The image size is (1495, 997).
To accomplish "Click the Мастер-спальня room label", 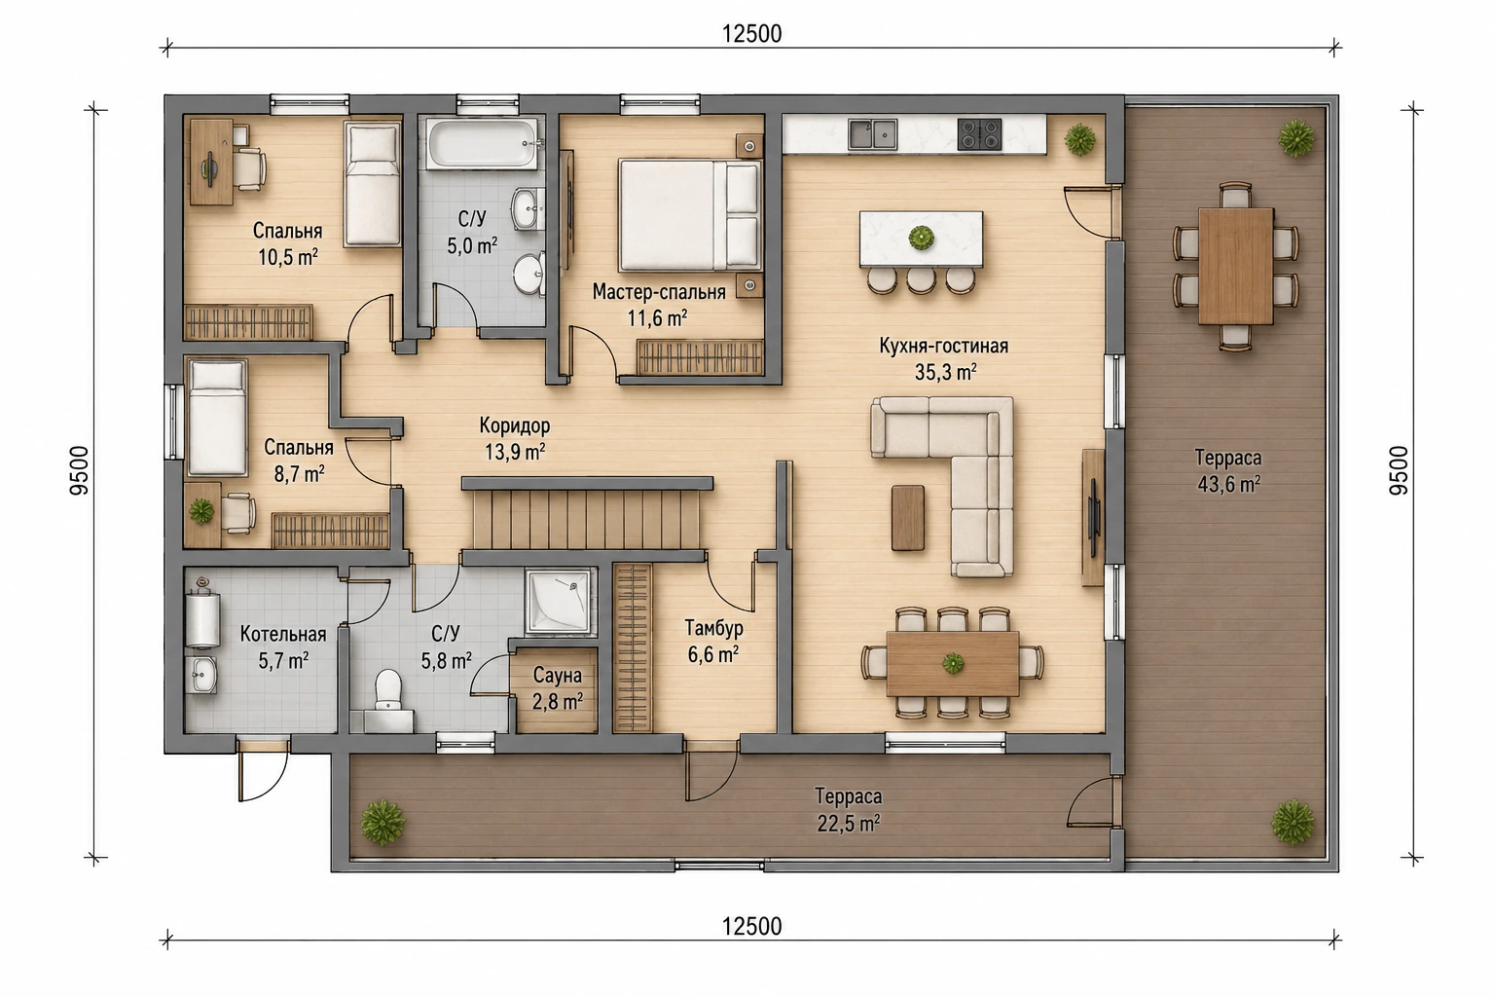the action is pos(659,292).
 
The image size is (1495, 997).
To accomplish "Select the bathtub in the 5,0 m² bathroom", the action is pos(483,142).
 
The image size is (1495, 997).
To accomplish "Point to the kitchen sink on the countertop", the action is pos(872,134).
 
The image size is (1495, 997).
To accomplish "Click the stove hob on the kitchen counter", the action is pos(979,134).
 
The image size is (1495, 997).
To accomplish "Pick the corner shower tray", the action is pos(560,600).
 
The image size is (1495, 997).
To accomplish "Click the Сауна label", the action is pos(558,676).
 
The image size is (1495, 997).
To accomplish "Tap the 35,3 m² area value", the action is pos(946,372).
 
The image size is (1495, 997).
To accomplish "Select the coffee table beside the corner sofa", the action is pos(908,518).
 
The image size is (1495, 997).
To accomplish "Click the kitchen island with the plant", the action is pos(921,239).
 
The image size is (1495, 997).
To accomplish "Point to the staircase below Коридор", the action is pos(587,519).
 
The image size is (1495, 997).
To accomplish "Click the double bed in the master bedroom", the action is pos(689,215).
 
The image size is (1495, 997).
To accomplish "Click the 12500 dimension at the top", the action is pos(751,34).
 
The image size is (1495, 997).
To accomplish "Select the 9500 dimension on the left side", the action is pos(80,470).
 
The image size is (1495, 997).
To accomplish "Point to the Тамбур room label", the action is pos(713,628).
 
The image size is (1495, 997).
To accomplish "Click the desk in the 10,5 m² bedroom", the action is pos(211,162).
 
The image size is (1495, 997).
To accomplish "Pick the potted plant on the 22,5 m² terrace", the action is pos(383,822).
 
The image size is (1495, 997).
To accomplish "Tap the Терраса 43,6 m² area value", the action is pos(1228,484).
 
